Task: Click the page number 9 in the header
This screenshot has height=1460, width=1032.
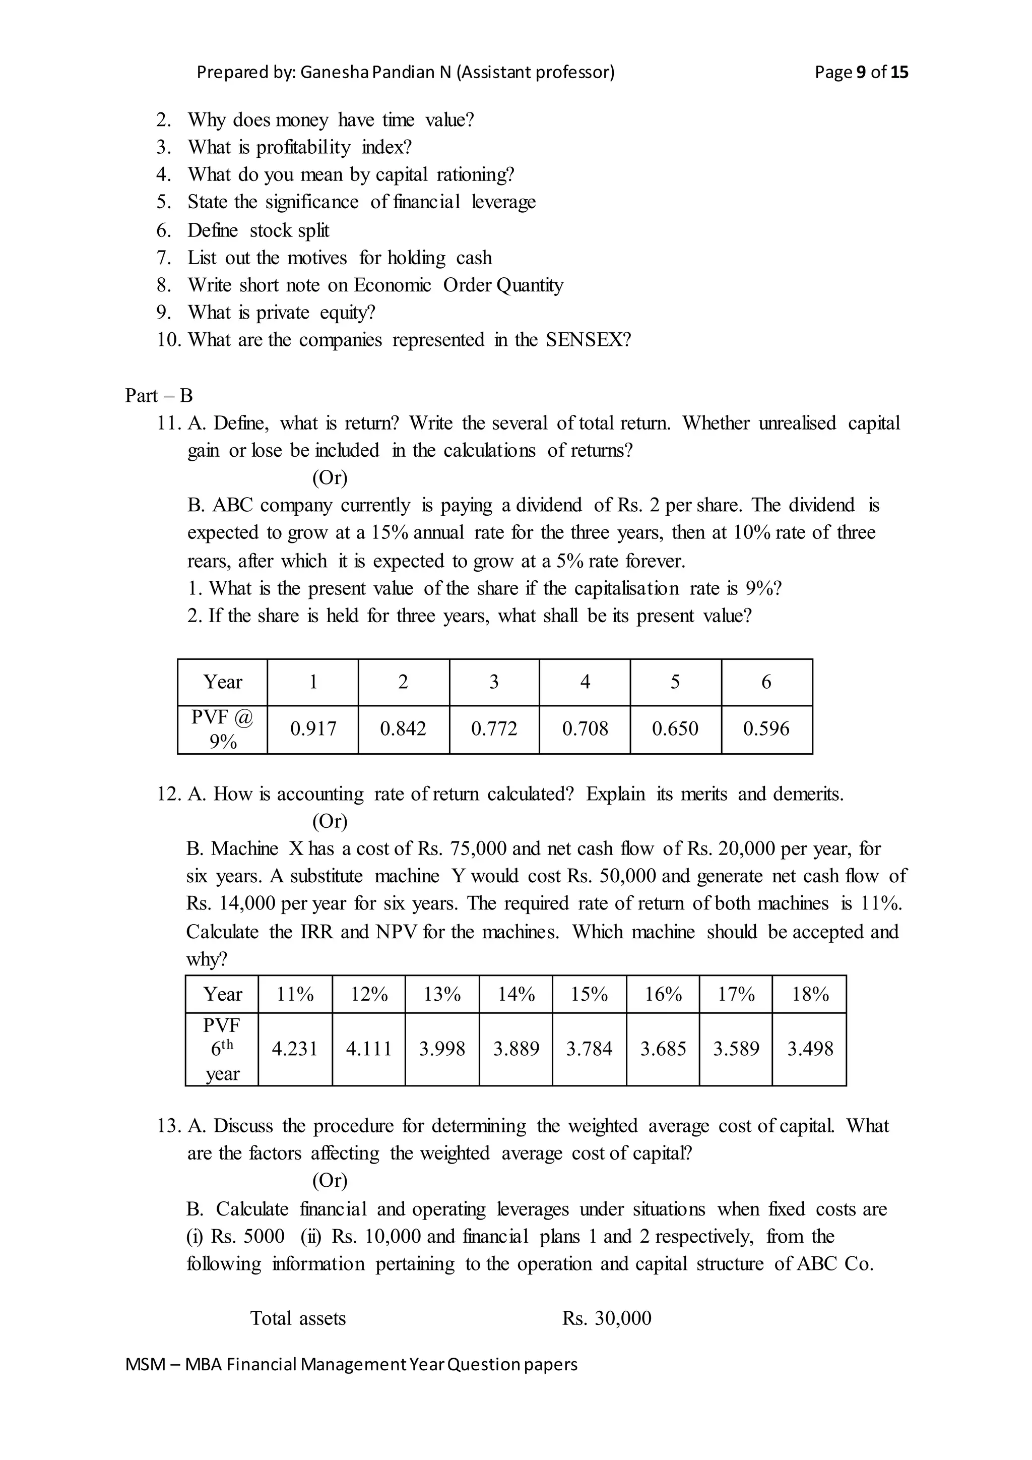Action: click(861, 73)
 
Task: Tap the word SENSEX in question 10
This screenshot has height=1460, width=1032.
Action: click(589, 340)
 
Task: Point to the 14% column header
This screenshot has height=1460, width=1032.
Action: click(516, 994)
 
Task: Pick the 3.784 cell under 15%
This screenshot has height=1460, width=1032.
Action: click(589, 1049)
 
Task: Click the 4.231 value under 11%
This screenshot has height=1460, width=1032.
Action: click(295, 1049)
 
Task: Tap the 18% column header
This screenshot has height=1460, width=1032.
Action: click(810, 994)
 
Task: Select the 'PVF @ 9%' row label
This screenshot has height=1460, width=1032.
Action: click(222, 729)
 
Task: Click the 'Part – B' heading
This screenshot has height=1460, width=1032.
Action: click(159, 396)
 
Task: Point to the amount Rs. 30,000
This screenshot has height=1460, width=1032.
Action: click(606, 1318)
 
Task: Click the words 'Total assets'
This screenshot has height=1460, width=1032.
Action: click(298, 1318)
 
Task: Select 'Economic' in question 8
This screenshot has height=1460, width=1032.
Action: click(392, 285)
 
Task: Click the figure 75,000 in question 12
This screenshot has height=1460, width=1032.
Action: click(478, 849)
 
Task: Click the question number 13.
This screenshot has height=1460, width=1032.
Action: click(168, 1126)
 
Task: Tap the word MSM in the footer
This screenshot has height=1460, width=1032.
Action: click(146, 1365)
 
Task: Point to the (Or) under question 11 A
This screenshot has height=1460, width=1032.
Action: click(330, 477)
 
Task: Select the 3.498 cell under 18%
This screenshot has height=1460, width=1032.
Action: click(810, 1049)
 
